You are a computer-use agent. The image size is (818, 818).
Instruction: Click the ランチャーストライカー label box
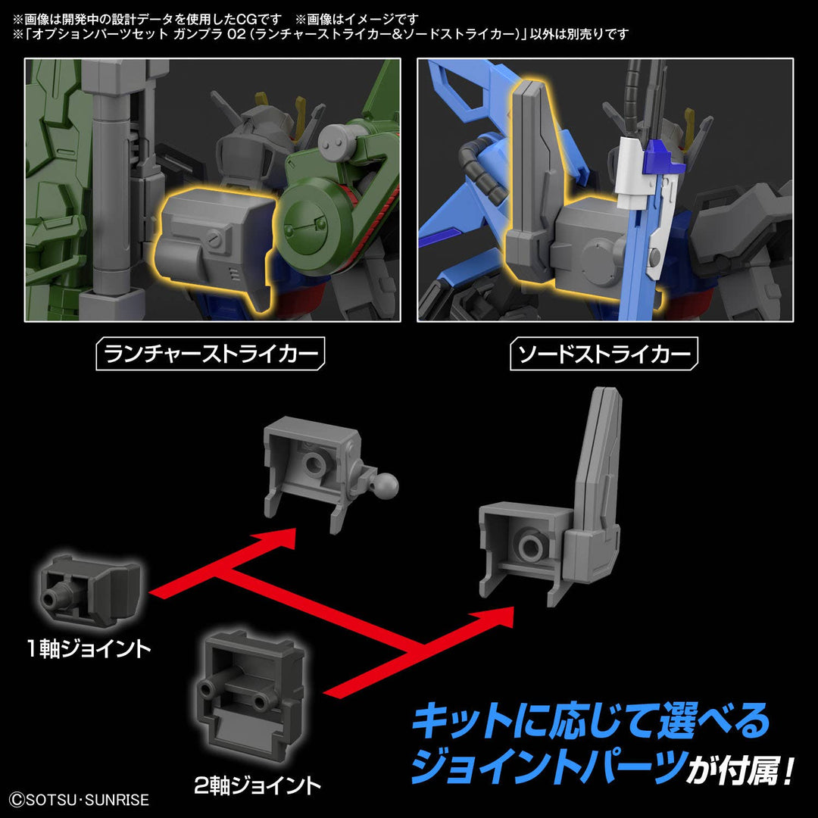point(211,354)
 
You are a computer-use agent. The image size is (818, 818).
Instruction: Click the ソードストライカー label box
point(604,354)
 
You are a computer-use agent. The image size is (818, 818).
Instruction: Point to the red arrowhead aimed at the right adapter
point(501,612)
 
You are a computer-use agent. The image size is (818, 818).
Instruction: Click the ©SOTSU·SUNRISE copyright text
point(79,799)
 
